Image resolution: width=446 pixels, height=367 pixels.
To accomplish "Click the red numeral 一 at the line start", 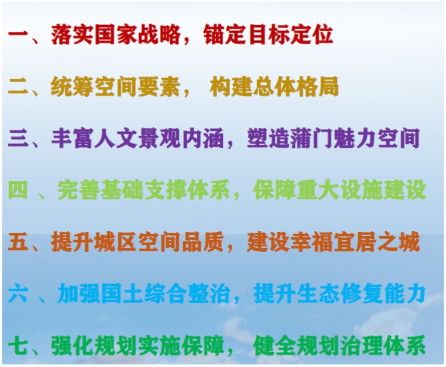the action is tap(19, 35).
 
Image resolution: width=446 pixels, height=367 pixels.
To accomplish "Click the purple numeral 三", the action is tap(19, 139).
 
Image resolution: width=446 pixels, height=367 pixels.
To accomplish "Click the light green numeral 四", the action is tap(18, 190).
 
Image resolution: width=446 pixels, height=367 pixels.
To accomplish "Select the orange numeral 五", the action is tap(19, 242).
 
